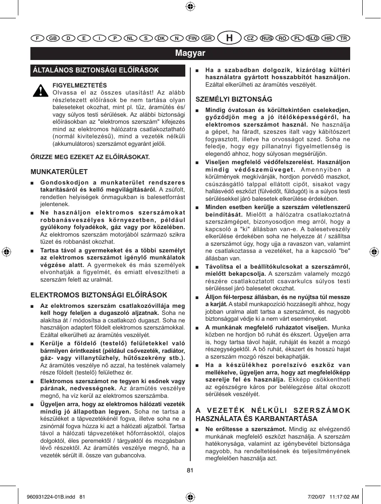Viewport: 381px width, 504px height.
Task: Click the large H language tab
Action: click(229, 38)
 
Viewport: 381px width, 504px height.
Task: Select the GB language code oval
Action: click(52, 38)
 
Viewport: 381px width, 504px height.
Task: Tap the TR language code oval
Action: click(344, 38)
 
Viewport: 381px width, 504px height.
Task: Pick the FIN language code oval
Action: click(192, 38)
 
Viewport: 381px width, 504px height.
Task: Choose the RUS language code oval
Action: click(266, 38)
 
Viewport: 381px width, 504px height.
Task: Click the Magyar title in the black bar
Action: click(190, 53)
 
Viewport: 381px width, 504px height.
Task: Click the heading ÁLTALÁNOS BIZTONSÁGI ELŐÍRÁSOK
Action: click(96, 70)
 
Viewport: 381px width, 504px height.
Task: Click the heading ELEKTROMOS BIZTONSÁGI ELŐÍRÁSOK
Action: click(99, 295)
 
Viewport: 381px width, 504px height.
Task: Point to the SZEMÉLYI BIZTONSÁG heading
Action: click(234, 99)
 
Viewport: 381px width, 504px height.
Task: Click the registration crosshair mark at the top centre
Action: click(190, 6)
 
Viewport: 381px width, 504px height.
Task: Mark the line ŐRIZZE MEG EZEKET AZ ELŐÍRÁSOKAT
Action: click(90, 157)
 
